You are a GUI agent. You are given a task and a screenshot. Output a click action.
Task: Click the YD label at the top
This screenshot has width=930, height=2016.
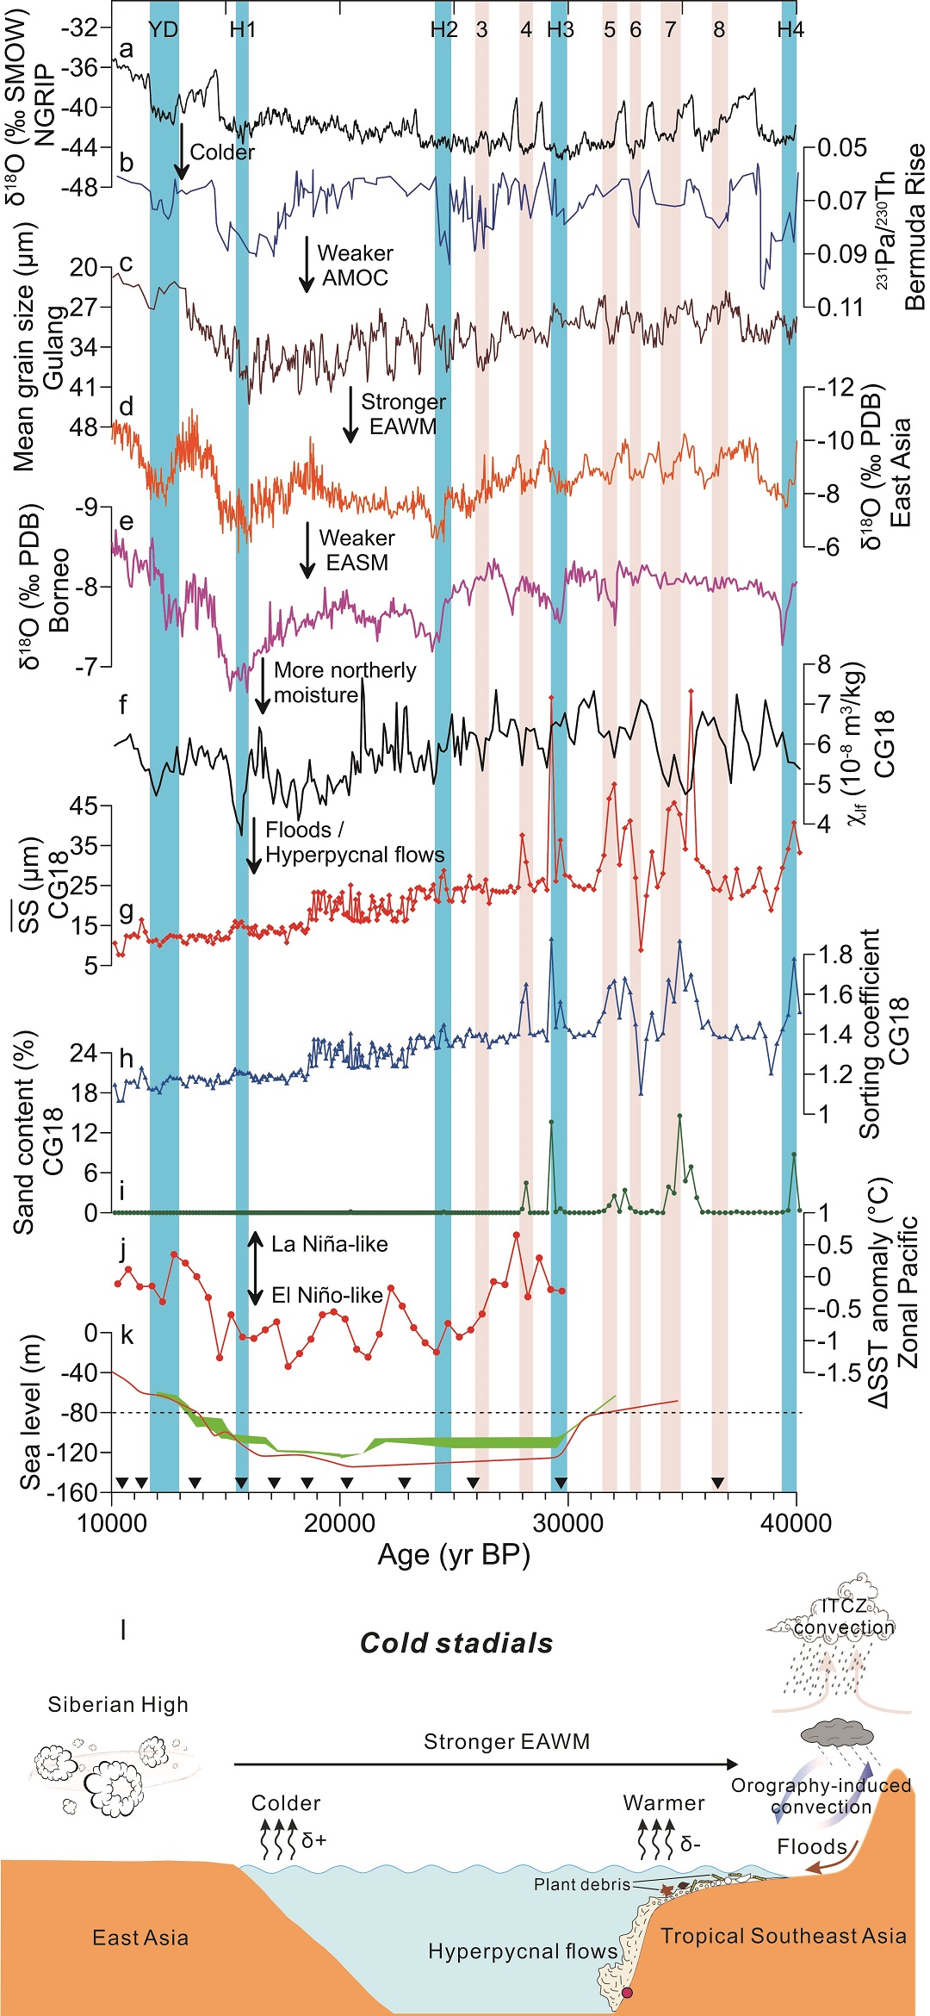coord(163,29)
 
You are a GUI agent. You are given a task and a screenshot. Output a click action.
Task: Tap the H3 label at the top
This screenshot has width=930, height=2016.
coord(561,29)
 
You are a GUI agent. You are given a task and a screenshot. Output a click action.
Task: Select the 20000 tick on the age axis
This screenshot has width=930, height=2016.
coord(340,1522)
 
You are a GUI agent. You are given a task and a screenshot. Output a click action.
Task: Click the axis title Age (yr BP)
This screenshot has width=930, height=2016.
coord(454,1555)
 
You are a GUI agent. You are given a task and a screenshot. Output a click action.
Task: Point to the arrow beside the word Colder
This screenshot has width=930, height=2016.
coord(182,151)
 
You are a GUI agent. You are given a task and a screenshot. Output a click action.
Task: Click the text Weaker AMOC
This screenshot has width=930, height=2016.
coord(355,265)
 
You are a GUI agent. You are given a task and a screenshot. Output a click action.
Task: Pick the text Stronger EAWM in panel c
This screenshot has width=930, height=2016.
coord(403,414)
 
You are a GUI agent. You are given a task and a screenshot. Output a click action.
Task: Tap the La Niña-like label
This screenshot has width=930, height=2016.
coord(330,1244)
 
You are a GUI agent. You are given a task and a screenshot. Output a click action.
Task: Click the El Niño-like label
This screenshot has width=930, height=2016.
coord(327,1295)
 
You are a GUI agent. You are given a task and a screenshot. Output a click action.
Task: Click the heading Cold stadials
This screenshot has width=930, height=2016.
coord(456,1643)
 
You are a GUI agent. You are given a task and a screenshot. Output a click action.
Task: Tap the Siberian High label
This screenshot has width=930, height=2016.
coord(118,1704)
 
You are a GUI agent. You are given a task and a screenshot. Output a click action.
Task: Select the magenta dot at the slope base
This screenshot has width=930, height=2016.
coord(627,1993)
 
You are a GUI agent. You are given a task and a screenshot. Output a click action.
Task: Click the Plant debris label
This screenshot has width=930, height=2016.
coord(582,1884)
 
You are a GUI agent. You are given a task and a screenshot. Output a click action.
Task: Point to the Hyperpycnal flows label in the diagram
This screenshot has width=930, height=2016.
coord(523,1951)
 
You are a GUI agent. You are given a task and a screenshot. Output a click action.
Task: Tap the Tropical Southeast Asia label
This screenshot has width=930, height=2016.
coord(784,1936)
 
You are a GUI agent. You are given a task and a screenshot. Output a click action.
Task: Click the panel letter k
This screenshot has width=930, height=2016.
coord(127,1335)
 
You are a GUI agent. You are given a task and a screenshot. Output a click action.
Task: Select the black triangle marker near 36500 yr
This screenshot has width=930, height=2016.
coord(717,1483)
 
